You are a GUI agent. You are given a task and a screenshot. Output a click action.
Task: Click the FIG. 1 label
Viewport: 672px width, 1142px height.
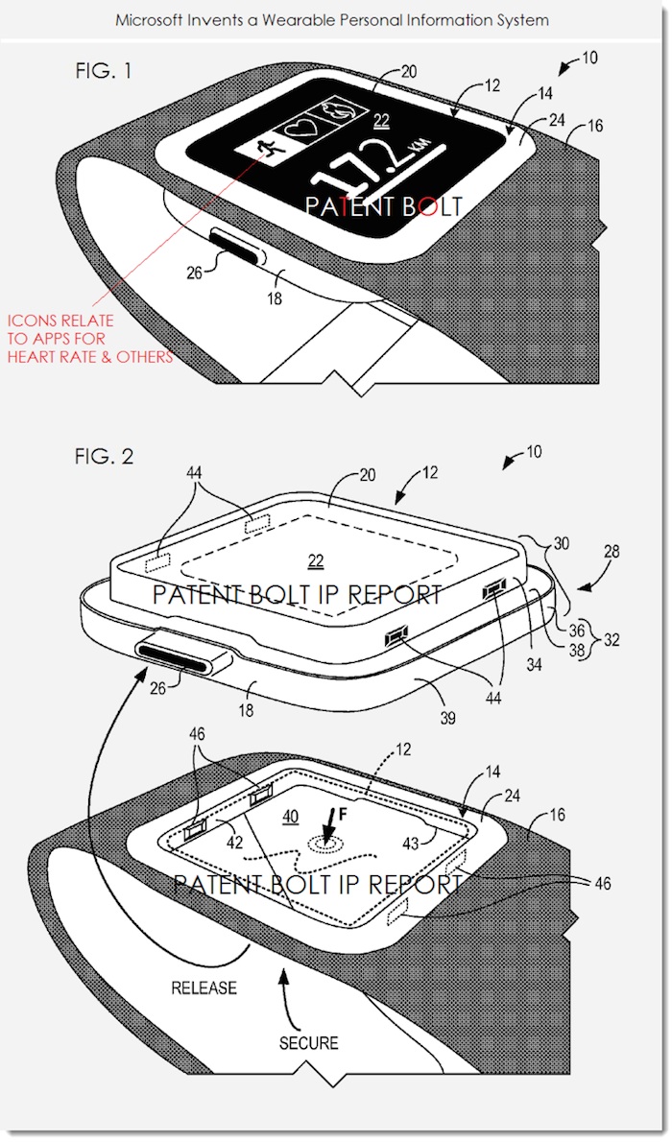click(104, 73)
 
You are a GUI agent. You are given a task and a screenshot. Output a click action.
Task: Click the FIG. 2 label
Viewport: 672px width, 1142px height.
click(104, 456)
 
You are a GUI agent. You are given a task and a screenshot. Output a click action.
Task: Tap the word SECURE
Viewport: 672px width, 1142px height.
click(310, 1041)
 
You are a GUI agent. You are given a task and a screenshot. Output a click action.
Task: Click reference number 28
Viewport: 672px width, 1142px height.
click(612, 552)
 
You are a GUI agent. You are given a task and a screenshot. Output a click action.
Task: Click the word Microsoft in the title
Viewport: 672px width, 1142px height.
click(148, 19)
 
